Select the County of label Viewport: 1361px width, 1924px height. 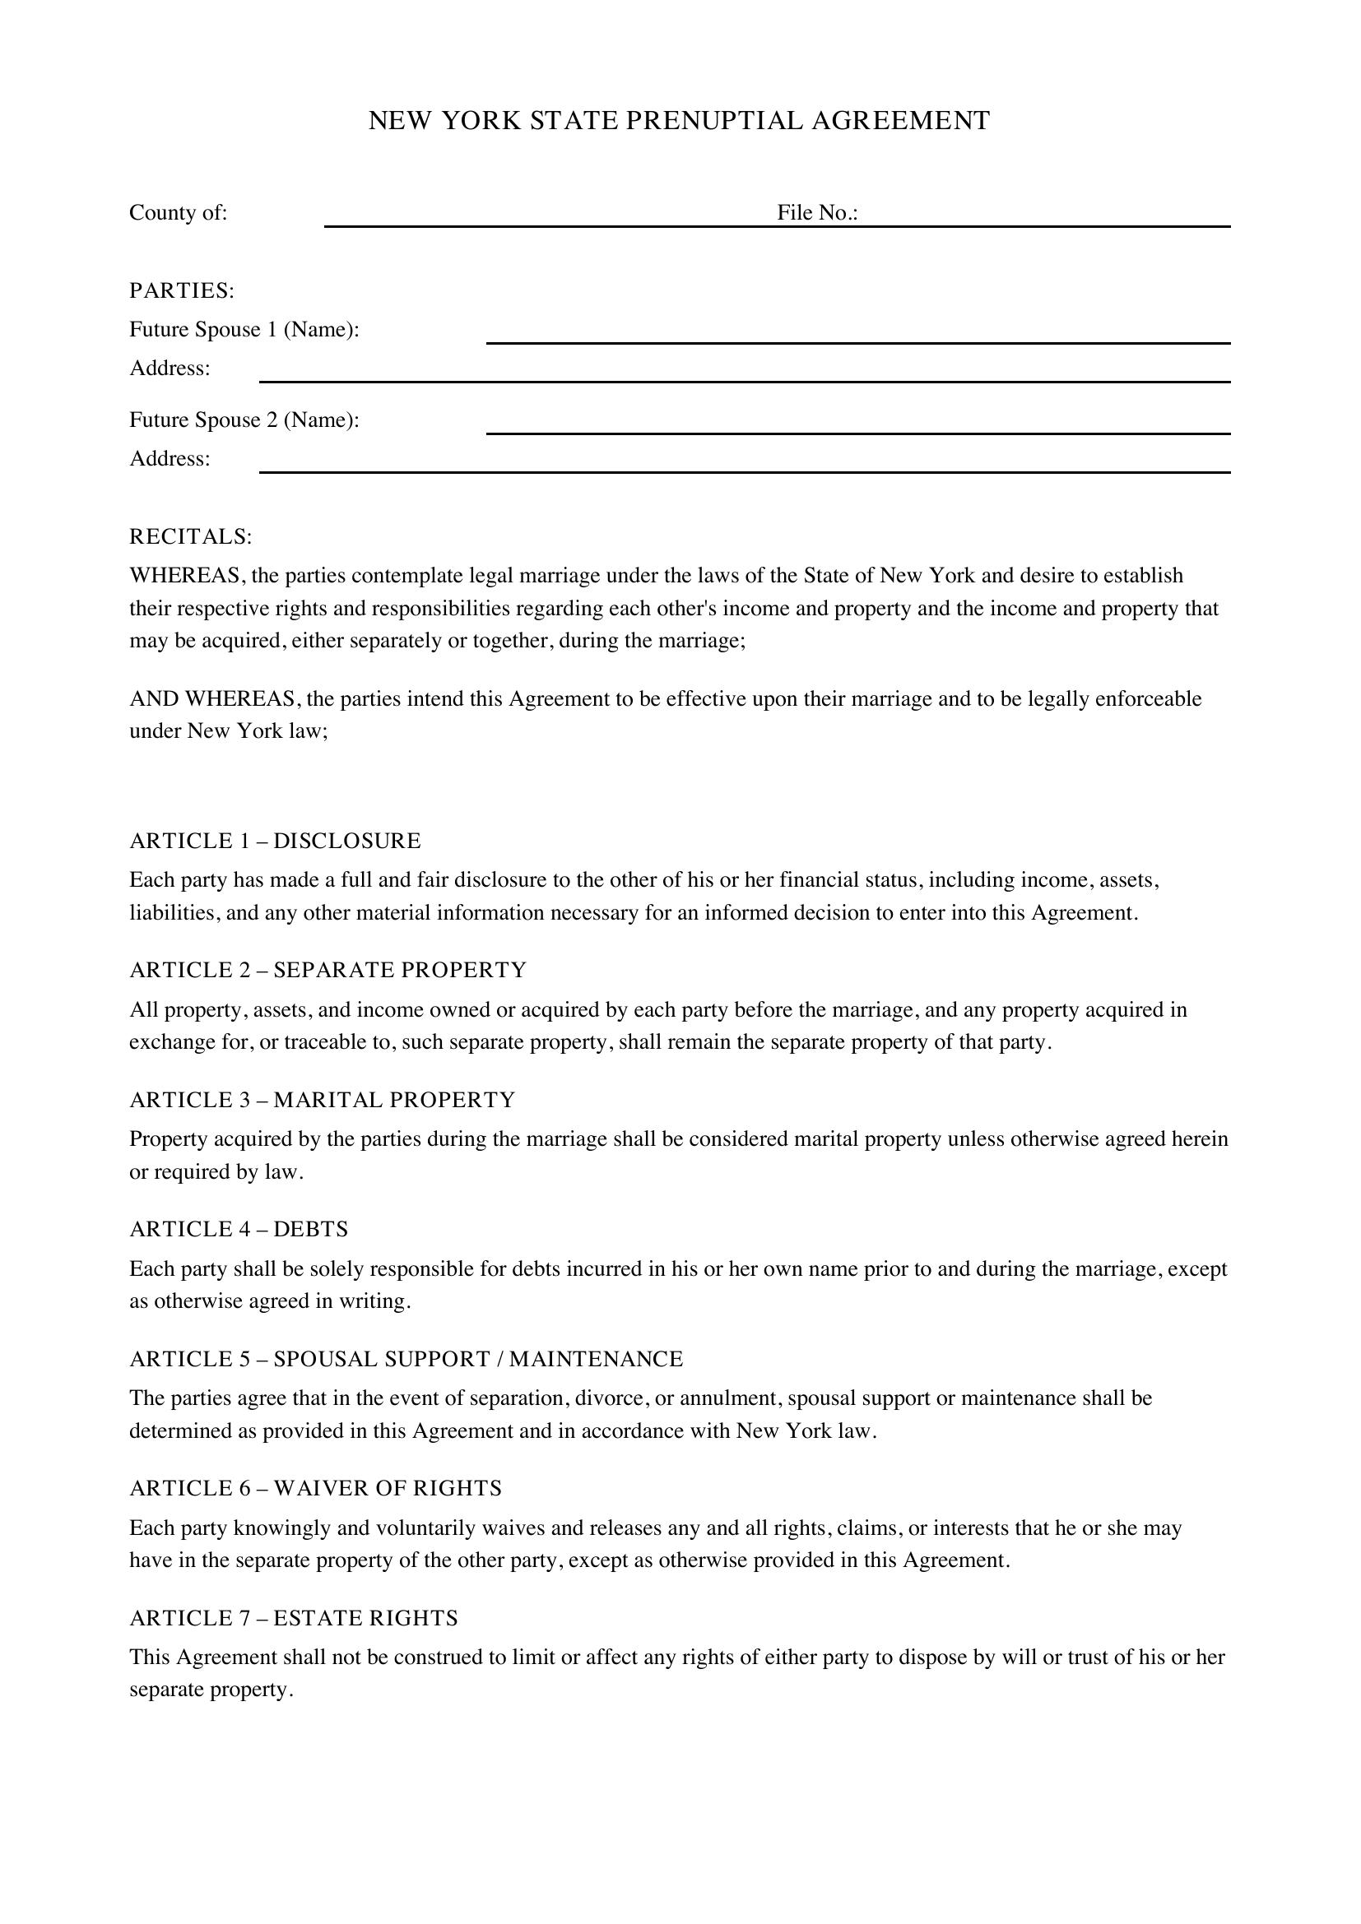[178, 213]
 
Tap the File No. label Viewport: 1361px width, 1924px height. [817, 213]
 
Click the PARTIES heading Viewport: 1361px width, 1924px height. [181, 290]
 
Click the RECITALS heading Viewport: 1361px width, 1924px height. [190, 536]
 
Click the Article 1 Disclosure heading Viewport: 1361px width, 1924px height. [275, 841]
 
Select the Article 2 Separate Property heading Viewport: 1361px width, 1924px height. [327, 970]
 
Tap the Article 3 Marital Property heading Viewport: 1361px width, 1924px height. [322, 1100]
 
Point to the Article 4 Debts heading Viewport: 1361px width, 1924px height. [238, 1228]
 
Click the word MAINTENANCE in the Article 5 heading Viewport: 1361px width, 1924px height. [596, 1358]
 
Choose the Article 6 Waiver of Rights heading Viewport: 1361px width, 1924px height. [315, 1488]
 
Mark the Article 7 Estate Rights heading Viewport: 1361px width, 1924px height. [293, 1617]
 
